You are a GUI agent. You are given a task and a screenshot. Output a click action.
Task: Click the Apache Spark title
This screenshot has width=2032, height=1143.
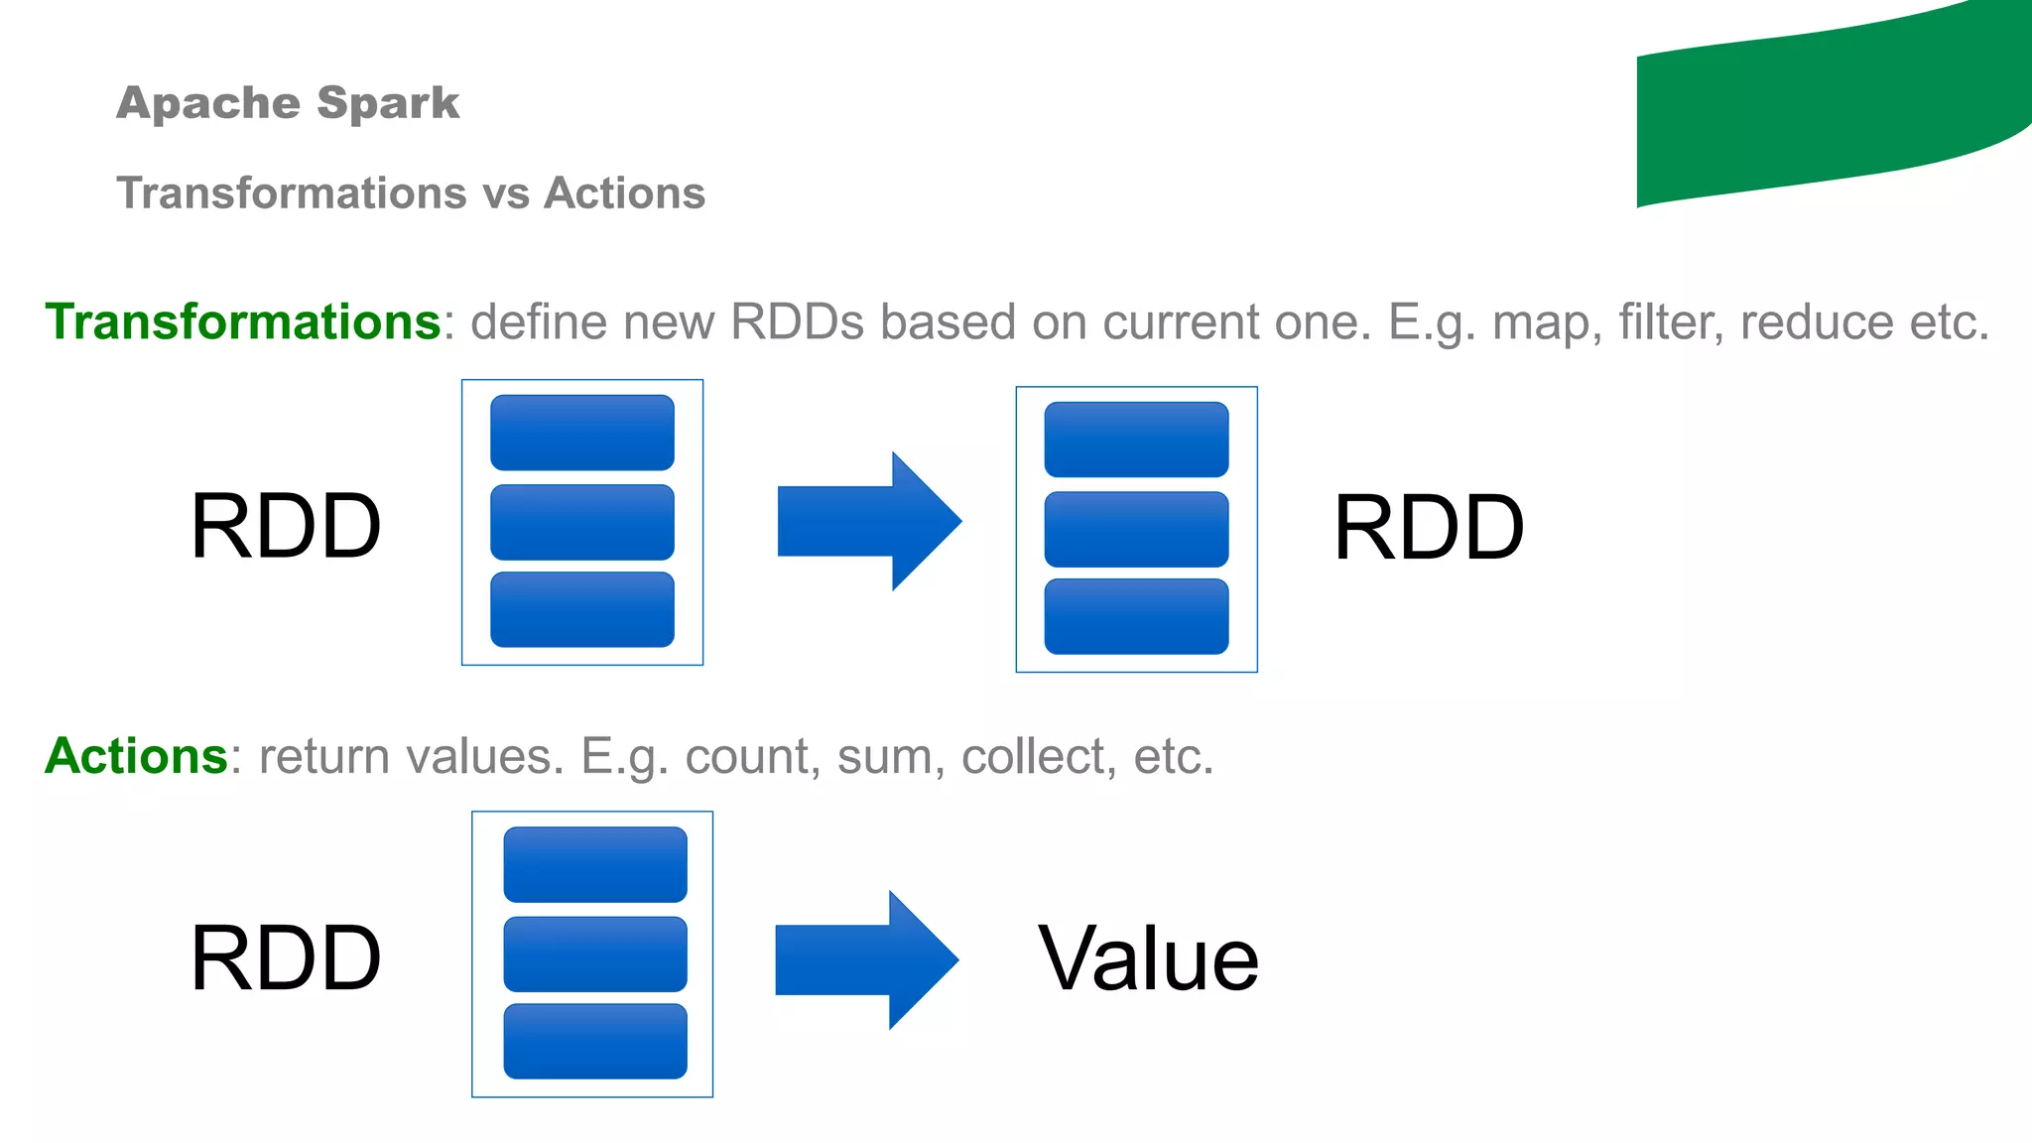(288, 103)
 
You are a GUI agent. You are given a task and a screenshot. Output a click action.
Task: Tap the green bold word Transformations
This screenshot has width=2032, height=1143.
(243, 322)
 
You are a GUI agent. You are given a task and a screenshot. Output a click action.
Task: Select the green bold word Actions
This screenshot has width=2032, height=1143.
(137, 756)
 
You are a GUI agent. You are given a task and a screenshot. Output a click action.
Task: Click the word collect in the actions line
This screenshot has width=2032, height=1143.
(1032, 756)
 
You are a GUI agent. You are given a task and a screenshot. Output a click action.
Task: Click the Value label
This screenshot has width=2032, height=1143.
(1148, 958)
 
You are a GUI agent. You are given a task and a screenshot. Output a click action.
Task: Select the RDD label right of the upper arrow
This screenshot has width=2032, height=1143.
(1428, 528)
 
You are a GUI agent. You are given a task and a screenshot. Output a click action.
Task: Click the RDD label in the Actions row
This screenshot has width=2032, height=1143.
(286, 958)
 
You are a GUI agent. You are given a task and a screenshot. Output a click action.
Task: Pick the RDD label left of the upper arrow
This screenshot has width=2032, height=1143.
(286, 527)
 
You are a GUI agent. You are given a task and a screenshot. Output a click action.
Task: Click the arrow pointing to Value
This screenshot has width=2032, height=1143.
(865, 959)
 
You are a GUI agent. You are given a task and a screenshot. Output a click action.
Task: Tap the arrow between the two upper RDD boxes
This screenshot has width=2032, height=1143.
(868, 521)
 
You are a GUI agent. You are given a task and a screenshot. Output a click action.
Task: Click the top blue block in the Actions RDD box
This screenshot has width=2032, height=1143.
(595, 864)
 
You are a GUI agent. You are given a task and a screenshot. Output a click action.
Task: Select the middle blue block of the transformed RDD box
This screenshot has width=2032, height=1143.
(1136, 529)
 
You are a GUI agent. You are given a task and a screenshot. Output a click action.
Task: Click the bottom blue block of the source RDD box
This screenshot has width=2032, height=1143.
(582, 609)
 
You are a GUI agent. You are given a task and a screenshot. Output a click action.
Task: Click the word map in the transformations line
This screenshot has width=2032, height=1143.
(1547, 322)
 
